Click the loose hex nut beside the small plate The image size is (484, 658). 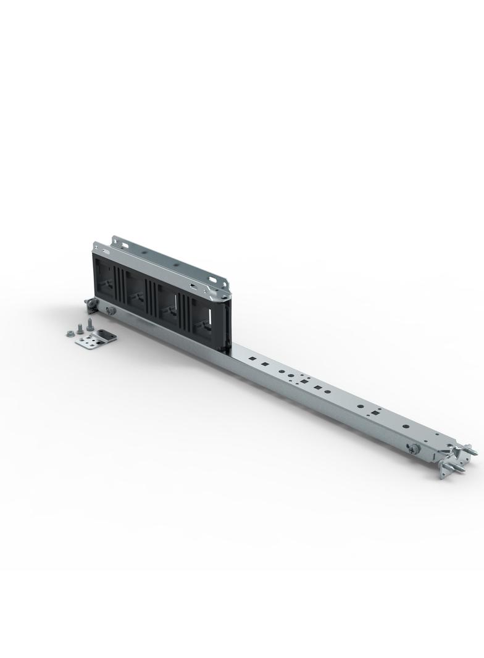pos(70,334)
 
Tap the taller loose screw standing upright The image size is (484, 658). pos(90,323)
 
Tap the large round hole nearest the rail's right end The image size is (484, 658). pos(406,426)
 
